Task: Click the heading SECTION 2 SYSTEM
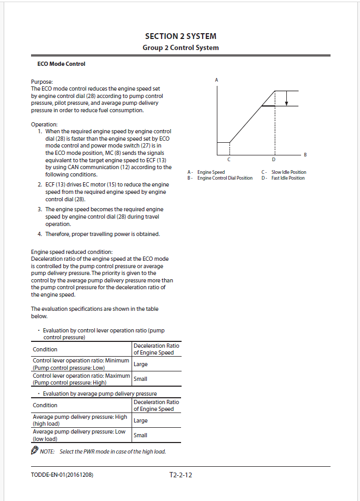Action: [x=181, y=36]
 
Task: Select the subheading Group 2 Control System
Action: [x=181, y=48]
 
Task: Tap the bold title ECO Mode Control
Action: [x=61, y=64]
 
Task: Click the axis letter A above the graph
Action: [x=217, y=80]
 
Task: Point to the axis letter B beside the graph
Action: [x=305, y=154]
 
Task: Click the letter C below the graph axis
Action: [x=229, y=159]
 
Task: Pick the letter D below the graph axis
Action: [x=274, y=159]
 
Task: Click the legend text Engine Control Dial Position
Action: [x=225, y=178]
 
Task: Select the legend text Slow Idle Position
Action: [x=288, y=172]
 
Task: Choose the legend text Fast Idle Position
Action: [x=288, y=178]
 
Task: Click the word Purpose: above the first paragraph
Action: [x=42, y=82]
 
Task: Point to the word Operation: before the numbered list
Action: [x=44, y=124]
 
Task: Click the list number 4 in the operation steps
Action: [x=40, y=234]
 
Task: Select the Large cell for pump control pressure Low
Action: [x=141, y=364]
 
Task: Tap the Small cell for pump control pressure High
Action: [x=141, y=379]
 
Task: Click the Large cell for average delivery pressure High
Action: [x=141, y=420]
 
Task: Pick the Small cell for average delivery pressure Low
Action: [x=141, y=435]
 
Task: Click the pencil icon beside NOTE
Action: [x=35, y=451]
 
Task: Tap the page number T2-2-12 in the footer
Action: [x=181, y=475]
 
